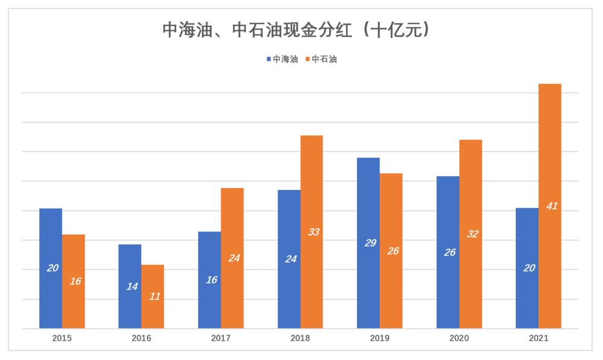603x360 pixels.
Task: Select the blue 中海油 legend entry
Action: [x=282, y=59]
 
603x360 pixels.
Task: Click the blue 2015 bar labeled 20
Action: [x=51, y=268]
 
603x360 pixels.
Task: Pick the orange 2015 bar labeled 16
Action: [x=74, y=281]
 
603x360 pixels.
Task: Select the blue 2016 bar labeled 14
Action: [x=130, y=286]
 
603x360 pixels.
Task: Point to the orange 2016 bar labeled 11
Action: [x=153, y=296]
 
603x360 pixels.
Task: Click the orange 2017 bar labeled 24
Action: [x=232, y=258]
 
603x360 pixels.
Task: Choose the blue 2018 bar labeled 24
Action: [x=289, y=259]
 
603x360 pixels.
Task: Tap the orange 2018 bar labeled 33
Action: [x=312, y=232]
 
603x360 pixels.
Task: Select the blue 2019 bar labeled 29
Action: [x=368, y=243]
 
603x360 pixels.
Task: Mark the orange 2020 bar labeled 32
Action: [x=470, y=234]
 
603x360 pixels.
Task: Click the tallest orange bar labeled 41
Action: [x=550, y=206]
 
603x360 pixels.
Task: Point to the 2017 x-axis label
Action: [x=221, y=338]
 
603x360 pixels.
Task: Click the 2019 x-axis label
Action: [x=379, y=338]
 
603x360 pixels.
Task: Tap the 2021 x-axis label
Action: [x=538, y=338]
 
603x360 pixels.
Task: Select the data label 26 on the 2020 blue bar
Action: [x=450, y=253]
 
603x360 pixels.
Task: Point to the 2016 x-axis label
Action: [x=141, y=338]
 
